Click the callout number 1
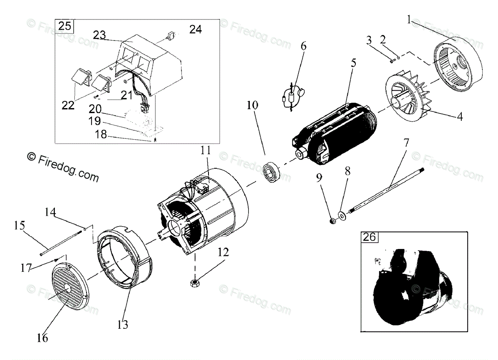(x=409, y=19)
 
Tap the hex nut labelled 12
(x=195, y=282)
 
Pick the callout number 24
(x=195, y=29)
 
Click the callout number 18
(x=101, y=135)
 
